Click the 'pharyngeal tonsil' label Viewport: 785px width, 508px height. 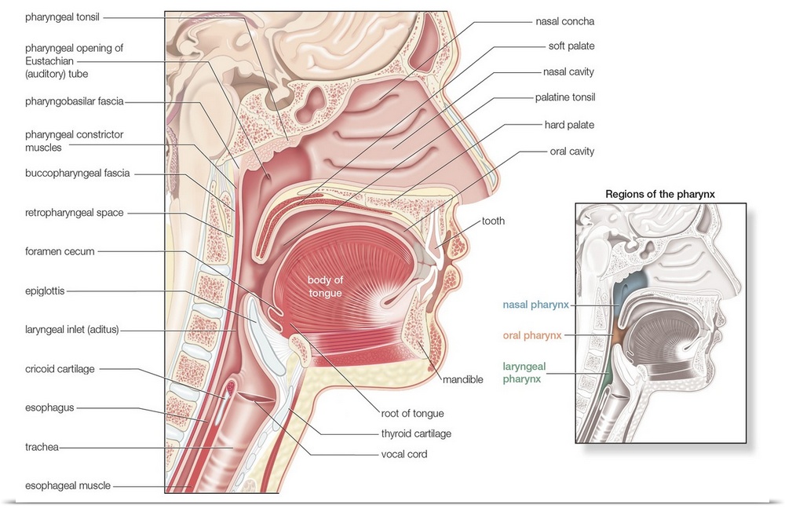click(x=62, y=16)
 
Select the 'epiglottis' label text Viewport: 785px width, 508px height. click(x=44, y=291)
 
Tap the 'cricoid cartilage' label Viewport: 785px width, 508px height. click(x=61, y=368)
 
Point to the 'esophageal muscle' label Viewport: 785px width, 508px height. click(x=68, y=486)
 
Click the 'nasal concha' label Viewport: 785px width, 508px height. click(x=565, y=21)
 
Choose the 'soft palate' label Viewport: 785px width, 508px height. click(x=571, y=46)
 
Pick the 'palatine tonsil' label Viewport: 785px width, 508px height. click(x=564, y=98)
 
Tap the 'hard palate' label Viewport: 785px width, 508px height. click(x=569, y=125)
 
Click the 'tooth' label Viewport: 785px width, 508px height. click(x=493, y=221)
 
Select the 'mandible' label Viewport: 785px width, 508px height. click(x=462, y=379)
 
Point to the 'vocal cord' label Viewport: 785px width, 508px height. click(x=404, y=454)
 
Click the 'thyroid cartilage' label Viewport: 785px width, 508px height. click(x=416, y=433)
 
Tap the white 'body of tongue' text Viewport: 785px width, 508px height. click(x=325, y=287)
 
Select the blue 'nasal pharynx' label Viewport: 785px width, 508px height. click(x=535, y=304)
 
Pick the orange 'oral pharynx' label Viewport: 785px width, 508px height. click(x=532, y=335)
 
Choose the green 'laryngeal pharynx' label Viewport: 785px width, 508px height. click(x=524, y=371)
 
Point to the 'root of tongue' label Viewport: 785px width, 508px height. click(x=413, y=413)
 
